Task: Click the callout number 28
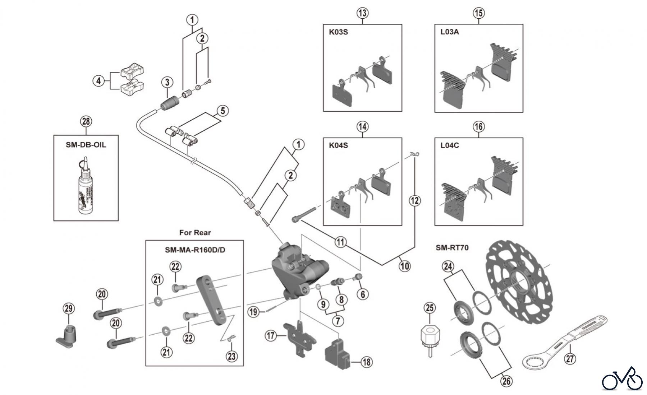[x=86, y=121]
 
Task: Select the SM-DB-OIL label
[x=86, y=145]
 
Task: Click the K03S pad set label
[x=339, y=32]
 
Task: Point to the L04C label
[x=450, y=145]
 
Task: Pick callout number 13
[x=363, y=13]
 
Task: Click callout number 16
[x=478, y=126]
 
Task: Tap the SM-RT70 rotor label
[x=452, y=247]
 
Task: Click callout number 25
[x=430, y=308]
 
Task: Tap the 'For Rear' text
[x=195, y=233]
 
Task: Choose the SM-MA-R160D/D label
[x=195, y=250]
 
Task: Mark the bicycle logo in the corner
[x=622, y=379]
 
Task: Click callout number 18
[x=366, y=362]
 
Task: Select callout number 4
[x=98, y=81]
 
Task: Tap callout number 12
[x=415, y=200]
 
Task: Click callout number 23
[x=232, y=356]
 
